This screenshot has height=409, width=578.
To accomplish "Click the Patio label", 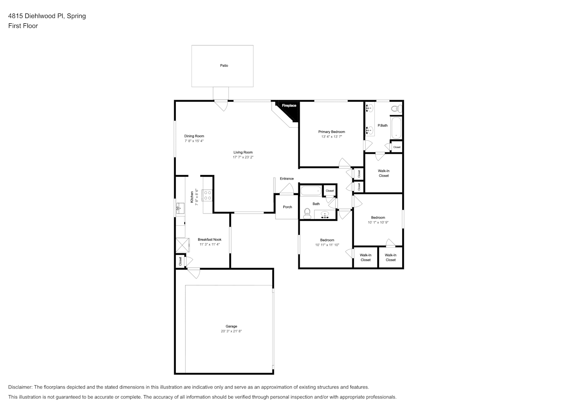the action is click(224, 65).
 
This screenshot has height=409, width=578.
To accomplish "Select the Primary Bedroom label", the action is click(332, 132).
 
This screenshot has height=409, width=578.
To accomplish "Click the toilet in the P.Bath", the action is click(397, 108).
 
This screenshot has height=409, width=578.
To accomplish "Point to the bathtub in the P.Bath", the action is click(396, 128).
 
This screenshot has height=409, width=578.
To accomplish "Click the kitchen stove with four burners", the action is click(208, 196).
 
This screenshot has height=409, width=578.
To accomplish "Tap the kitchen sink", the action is click(180, 208).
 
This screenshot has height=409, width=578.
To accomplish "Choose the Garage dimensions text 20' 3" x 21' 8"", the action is click(231, 331).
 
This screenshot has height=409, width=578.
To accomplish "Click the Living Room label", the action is click(243, 152).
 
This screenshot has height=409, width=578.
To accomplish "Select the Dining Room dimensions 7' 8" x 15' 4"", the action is click(194, 141).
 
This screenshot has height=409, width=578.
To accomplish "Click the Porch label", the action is click(287, 207).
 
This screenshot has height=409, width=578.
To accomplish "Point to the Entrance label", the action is click(287, 179).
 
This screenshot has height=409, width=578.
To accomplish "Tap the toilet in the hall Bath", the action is click(307, 214).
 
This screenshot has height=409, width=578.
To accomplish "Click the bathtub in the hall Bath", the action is click(311, 191).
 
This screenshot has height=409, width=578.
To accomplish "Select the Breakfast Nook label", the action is click(210, 240).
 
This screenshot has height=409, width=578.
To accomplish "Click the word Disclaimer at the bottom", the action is click(20, 387).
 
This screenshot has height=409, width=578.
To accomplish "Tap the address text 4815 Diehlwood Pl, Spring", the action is click(47, 16).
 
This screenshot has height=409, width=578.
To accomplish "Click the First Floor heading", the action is click(23, 26).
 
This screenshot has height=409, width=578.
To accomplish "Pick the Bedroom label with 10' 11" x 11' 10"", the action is click(327, 240).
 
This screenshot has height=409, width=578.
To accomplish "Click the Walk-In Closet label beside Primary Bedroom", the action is click(384, 173).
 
